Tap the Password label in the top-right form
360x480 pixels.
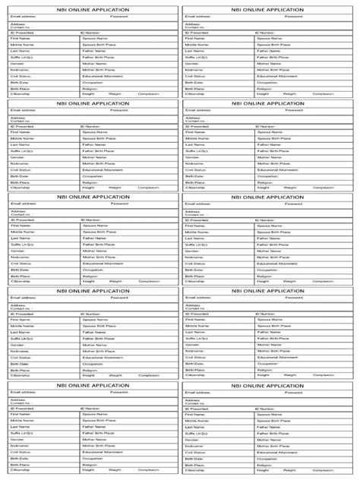click(294, 16)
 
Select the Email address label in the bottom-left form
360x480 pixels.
click(23, 392)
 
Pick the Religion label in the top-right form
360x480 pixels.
click(264, 88)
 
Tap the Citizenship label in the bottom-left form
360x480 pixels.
click(21, 470)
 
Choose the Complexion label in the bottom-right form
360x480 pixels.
click(324, 470)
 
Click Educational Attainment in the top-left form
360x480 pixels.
click(103, 76)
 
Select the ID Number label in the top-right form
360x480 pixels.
click(266, 33)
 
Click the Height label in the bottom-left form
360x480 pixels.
click(89, 470)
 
